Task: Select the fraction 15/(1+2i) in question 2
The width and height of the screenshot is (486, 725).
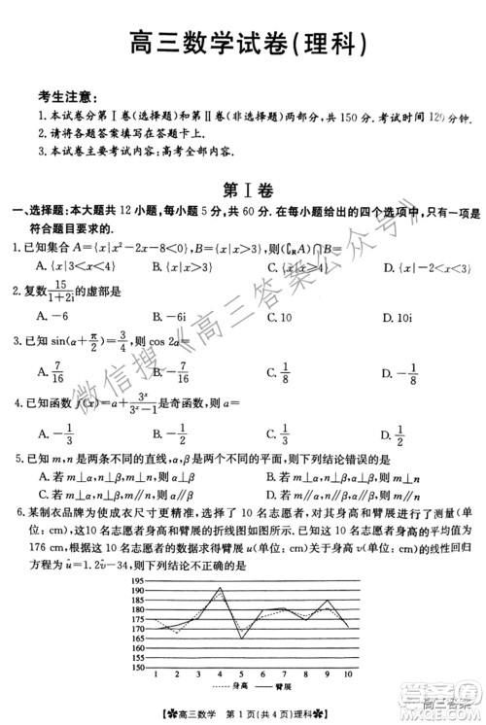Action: (x=84, y=294)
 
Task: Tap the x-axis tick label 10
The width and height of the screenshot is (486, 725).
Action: (x=349, y=673)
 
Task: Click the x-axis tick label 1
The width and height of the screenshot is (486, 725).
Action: (x=155, y=673)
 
